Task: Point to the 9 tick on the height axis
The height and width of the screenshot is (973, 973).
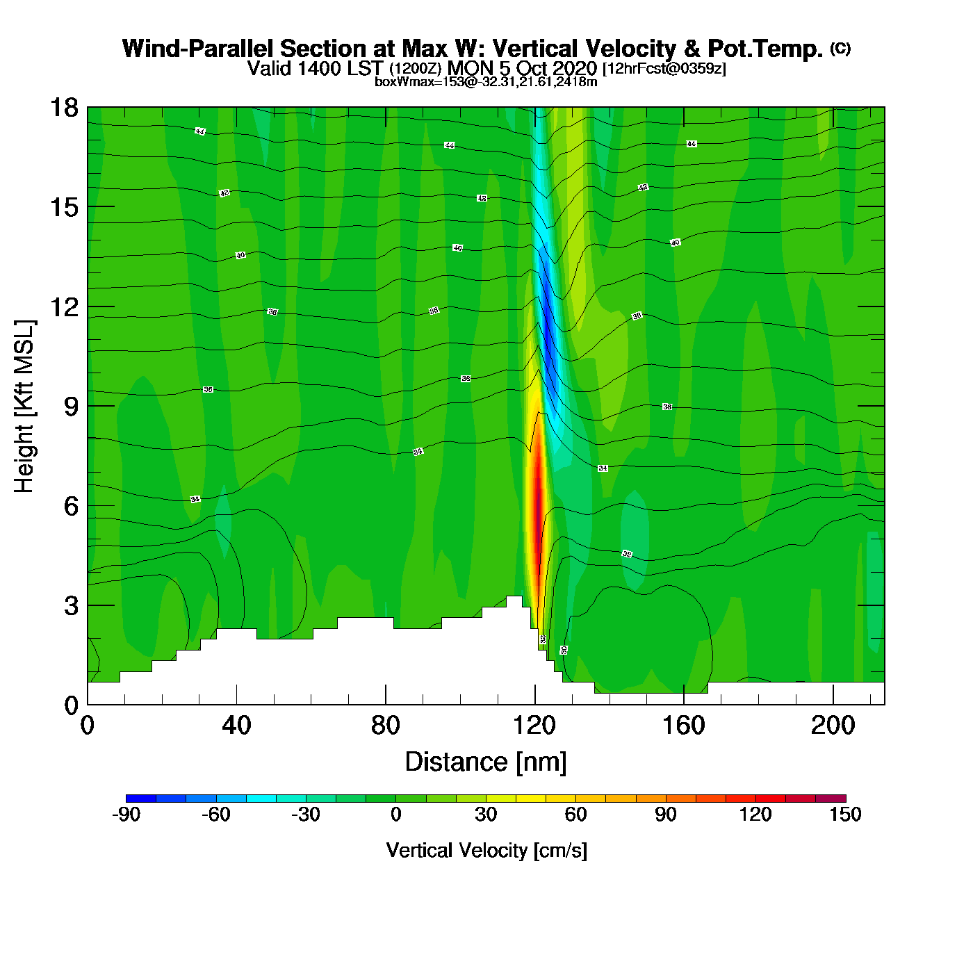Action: pyautogui.click(x=71, y=407)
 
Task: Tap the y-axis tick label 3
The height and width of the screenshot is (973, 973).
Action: pyautogui.click(x=71, y=606)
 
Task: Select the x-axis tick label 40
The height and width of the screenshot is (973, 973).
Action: pyautogui.click(x=236, y=726)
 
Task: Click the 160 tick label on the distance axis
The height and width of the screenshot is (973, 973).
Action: pyautogui.click(x=683, y=726)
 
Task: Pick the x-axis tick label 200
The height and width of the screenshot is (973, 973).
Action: pyautogui.click(x=833, y=726)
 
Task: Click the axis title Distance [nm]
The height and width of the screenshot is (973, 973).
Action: pyautogui.click(x=486, y=762)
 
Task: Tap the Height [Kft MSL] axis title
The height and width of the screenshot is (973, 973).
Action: pyautogui.click(x=25, y=407)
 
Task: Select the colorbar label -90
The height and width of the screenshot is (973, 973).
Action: pyautogui.click(x=126, y=815)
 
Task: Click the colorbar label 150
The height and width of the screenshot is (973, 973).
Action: pyautogui.click(x=845, y=815)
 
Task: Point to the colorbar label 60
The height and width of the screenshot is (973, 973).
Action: pyautogui.click(x=575, y=815)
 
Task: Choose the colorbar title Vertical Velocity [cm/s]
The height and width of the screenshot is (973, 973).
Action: pyautogui.click(x=486, y=851)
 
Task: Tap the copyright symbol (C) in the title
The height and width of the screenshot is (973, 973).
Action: pyautogui.click(x=840, y=48)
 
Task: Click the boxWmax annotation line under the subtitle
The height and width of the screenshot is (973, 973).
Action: pyautogui.click(x=486, y=82)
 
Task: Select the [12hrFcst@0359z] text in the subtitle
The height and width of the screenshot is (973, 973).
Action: pyautogui.click(x=664, y=69)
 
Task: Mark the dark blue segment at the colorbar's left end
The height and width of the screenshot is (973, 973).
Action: pyautogui.click(x=141, y=798)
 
